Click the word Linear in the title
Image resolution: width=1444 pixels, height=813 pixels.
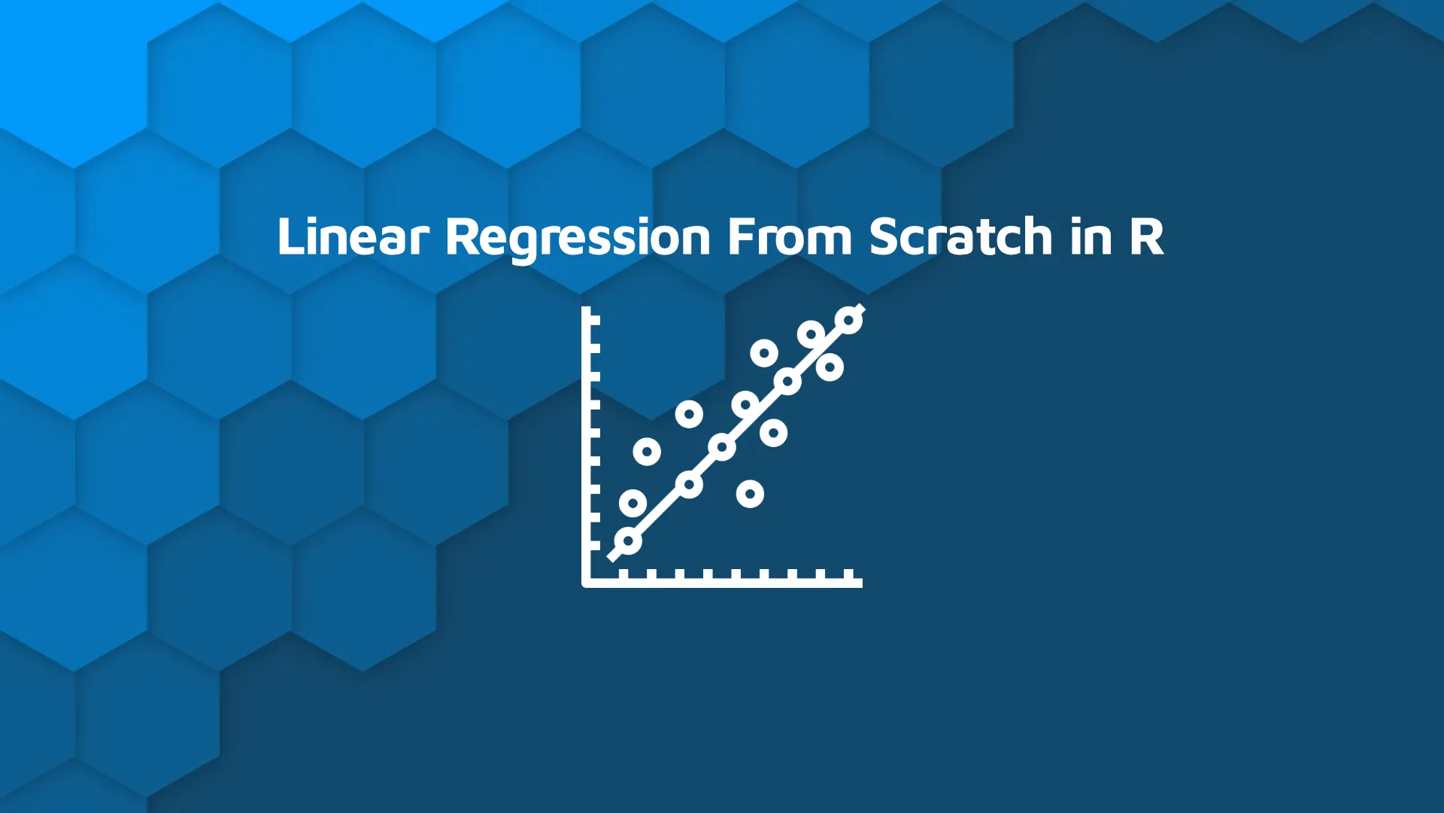[352, 236]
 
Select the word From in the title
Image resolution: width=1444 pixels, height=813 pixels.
[790, 236]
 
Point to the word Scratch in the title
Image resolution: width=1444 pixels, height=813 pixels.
[961, 236]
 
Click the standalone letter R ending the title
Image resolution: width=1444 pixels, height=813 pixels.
[1146, 236]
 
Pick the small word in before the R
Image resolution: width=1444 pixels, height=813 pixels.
[1091, 236]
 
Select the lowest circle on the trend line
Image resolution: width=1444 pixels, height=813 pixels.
[628, 540]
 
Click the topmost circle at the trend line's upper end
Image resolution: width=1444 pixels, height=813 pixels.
[849, 320]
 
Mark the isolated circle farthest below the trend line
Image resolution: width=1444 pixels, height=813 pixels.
[750, 494]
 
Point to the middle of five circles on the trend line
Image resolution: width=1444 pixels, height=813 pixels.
[722, 447]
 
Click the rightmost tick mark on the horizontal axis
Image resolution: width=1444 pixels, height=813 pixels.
[849, 574]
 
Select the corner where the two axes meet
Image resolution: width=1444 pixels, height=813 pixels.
[587, 582]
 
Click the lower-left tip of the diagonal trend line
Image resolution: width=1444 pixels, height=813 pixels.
[611, 557]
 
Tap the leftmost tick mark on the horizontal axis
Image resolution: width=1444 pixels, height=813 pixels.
[623, 574]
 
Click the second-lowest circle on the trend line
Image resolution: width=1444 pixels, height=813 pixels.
[689, 484]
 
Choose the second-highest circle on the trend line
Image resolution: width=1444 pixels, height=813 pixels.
[787, 382]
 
